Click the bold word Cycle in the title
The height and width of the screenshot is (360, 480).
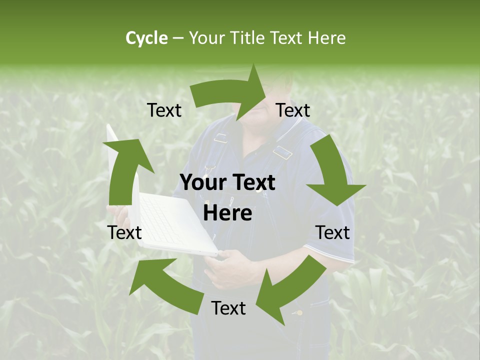tap(146, 38)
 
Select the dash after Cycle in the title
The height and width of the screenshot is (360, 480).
tap(178, 38)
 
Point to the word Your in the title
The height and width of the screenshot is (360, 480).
tap(206, 38)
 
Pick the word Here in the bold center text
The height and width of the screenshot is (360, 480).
tap(227, 213)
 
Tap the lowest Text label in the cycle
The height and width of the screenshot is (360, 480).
tap(228, 308)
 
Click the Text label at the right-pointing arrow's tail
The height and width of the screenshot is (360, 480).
tap(164, 110)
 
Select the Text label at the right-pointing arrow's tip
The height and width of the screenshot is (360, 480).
tap(293, 110)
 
